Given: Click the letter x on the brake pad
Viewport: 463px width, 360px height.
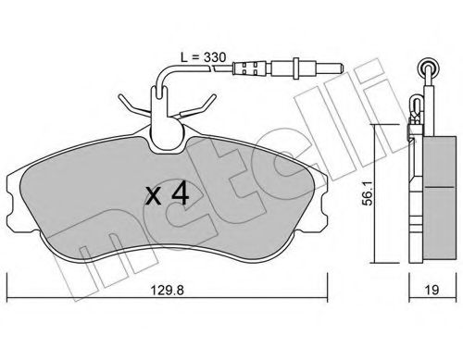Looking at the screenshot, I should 153,195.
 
